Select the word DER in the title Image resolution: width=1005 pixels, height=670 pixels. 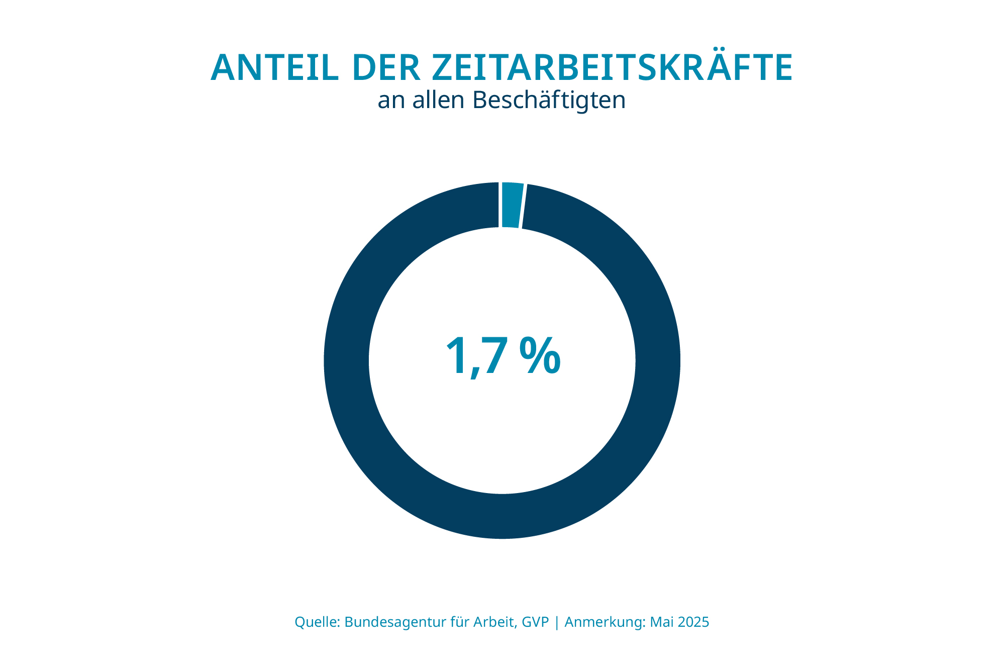(x=386, y=68)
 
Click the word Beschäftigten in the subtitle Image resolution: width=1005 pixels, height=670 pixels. (x=549, y=100)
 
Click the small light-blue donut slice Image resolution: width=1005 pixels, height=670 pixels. (x=512, y=205)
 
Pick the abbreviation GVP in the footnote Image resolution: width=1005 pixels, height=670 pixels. (x=535, y=622)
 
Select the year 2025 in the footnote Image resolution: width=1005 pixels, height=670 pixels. (x=693, y=622)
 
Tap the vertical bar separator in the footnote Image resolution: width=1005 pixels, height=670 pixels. (x=557, y=622)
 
